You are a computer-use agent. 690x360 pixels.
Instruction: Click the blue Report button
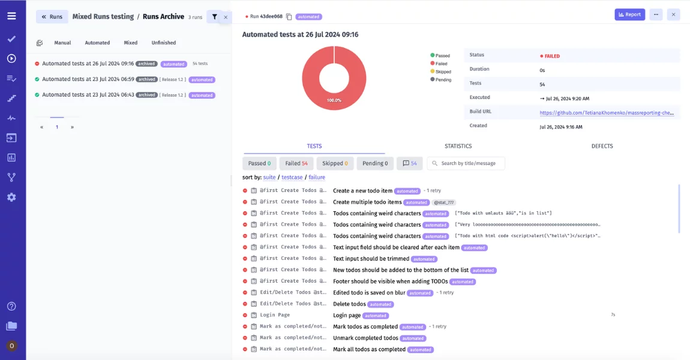(x=629, y=14)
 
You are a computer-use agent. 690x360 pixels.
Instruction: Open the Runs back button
(x=52, y=17)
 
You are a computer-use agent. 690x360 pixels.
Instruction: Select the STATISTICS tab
(x=458, y=146)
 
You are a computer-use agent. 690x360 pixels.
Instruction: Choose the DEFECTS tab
(x=602, y=146)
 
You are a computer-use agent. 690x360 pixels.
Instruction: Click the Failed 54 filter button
(x=296, y=163)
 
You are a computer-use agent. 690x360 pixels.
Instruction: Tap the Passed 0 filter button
(x=259, y=163)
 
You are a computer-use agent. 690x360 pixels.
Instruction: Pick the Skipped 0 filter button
(x=335, y=163)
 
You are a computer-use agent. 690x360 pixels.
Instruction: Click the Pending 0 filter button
(x=376, y=163)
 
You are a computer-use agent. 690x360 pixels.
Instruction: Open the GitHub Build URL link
(x=606, y=112)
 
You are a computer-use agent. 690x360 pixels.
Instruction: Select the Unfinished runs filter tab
(x=164, y=43)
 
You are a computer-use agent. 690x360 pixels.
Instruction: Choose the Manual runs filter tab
(x=62, y=43)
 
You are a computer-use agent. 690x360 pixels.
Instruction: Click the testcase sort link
(x=292, y=178)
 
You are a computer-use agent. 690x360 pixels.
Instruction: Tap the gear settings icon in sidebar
(x=11, y=197)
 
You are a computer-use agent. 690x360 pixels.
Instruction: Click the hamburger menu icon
(x=11, y=16)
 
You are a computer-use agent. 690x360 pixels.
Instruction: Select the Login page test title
(x=347, y=316)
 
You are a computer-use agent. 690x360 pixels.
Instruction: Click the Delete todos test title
(x=349, y=304)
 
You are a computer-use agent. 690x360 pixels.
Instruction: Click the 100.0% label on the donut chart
(x=334, y=100)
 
